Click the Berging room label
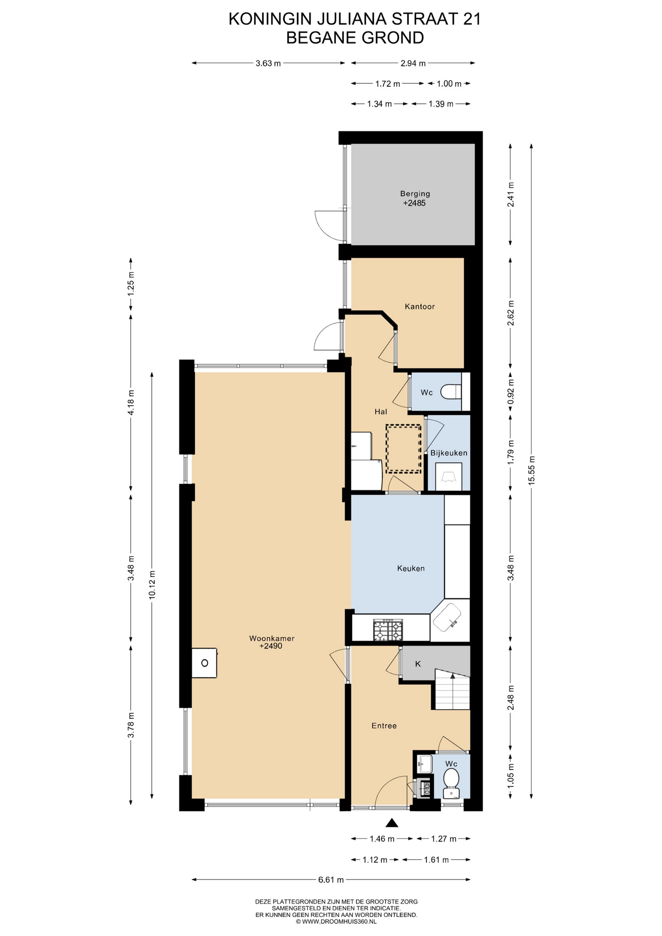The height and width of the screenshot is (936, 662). [415, 194]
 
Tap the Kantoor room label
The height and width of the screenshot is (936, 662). [419, 307]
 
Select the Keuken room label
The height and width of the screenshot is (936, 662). [410, 568]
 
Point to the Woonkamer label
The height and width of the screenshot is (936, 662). [272, 638]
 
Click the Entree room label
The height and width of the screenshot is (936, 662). [384, 726]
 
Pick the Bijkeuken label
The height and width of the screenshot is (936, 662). [448, 453]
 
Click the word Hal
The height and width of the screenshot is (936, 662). [381, 412]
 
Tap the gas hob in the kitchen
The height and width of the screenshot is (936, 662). [388, 629]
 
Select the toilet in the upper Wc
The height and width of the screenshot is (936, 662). [450, 391]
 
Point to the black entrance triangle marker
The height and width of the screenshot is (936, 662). [392, 823]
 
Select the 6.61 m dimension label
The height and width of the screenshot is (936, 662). [331, 880]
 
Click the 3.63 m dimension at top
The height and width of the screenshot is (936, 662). [268, 63]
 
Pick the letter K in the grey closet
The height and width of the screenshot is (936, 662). [418, 664]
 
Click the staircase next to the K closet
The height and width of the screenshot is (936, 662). [452, 689]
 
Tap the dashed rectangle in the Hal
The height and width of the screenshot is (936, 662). [403, 448]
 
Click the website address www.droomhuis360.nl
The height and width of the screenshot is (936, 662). [336, 921]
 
